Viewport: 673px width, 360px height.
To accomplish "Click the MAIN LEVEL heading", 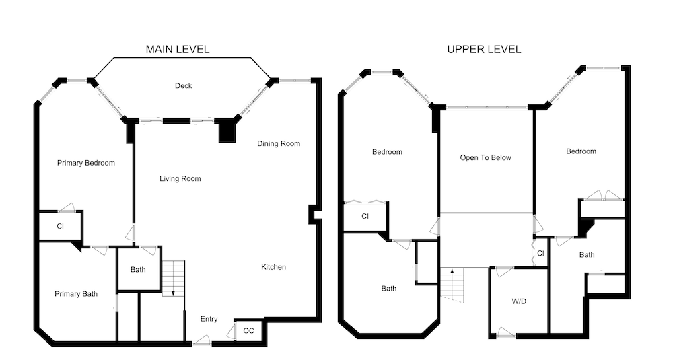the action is coord(178,49).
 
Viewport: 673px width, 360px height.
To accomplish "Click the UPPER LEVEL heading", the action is coord(484,49).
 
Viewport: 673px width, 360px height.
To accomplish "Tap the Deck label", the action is coord(183,86).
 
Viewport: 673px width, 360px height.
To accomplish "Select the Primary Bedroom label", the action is coord(86,163).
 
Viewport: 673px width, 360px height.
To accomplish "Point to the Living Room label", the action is coord(180,178).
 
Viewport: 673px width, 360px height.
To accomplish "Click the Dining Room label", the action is coord(279,143).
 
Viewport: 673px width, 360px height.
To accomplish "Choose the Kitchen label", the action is coord(273,267).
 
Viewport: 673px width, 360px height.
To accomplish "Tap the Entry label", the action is coord(209,319).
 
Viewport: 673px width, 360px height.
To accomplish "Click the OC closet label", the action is coord(248,331).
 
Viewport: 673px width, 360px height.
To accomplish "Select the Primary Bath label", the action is coord(76,294).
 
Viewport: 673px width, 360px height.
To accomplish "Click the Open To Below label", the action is coord(485,158).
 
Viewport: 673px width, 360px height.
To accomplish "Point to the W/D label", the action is coord(519,301).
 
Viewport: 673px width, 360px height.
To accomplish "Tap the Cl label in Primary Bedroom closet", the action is coord(60,226).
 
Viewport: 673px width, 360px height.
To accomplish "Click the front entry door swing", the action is coord(202,340).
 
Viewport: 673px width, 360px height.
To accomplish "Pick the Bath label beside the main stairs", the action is coord(138,269).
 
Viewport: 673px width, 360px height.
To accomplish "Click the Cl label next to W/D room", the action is coord(541,254).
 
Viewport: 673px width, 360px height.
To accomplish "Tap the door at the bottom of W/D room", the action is coord(506,333).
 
